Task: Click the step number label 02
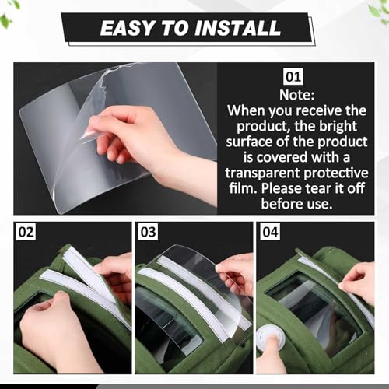[26, 233]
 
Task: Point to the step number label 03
[148, 233]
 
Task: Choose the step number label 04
[270, 233]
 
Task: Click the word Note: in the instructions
[298, 94]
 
